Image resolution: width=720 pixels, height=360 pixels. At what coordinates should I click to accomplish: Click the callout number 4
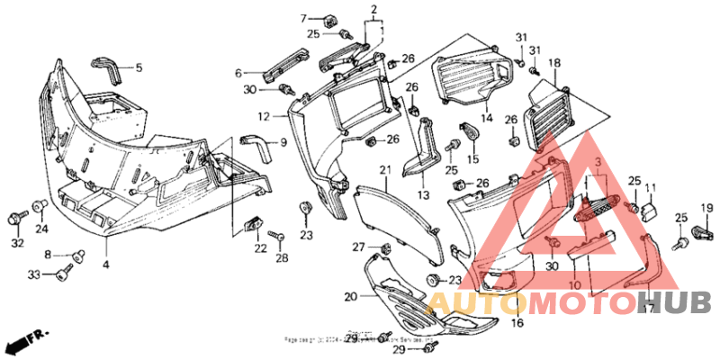[x=105, y=265]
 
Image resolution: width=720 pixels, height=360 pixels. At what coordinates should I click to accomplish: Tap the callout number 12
[x=264, y=117]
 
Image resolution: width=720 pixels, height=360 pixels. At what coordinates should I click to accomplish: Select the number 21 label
[x=384, y=170]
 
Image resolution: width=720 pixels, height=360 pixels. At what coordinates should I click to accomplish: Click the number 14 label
[x=486, y=118]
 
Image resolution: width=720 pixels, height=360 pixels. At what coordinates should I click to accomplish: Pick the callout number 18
[x=554, y=63]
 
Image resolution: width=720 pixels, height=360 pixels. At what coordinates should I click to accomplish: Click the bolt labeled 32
[x=18, y=219]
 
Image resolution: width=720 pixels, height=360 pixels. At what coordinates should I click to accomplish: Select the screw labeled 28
[x=280, y=236]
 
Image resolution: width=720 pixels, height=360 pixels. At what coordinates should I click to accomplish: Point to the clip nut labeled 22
[x=254, y=221]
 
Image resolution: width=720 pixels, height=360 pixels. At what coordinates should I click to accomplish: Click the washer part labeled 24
[x=40, y=206]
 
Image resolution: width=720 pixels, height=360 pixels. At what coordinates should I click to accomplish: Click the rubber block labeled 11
[x=650, y=211]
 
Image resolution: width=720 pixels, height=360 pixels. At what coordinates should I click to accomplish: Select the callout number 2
[x=372, y=12]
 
